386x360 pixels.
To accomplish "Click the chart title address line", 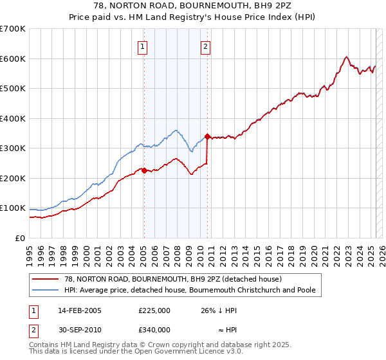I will [x=193, y=6].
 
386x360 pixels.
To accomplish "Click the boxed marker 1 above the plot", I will [x=142, y=46].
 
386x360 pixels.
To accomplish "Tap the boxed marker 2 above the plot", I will [x=205, y=46].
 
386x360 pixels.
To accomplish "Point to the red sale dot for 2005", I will [x=144, y=170].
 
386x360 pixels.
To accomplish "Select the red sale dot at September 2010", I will [x=207, y=136].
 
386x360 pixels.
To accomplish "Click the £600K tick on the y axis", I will [x=13, y=59].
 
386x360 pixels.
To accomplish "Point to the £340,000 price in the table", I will [x=154, y=330].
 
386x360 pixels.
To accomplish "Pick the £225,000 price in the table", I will [x=154, y=310].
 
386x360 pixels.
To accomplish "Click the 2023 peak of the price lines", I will [x=346, y=57].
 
